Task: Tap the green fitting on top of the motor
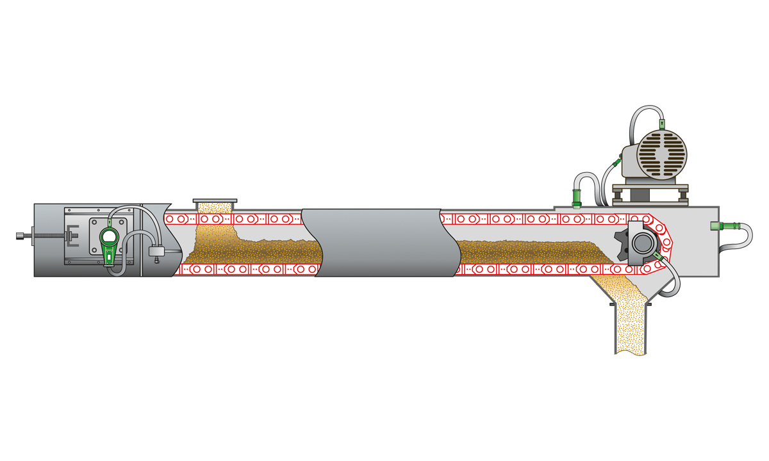(x=662, y=118)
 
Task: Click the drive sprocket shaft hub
(x=641, y=243)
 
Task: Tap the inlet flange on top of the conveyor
(x=215, y=201)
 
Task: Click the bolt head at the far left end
(x=19, y=236)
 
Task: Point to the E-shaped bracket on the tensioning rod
(x=72, y=236)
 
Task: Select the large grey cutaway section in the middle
(x=381, y=242)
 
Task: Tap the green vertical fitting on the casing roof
(x=576, y=195)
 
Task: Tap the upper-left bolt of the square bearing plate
(x=95, y=223)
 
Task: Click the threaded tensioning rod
(x=45, y=236)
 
